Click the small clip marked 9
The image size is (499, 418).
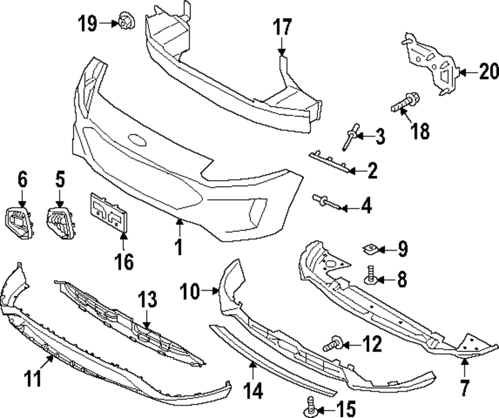369,248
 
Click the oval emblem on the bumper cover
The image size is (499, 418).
136,140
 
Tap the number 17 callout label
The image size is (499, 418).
282,27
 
